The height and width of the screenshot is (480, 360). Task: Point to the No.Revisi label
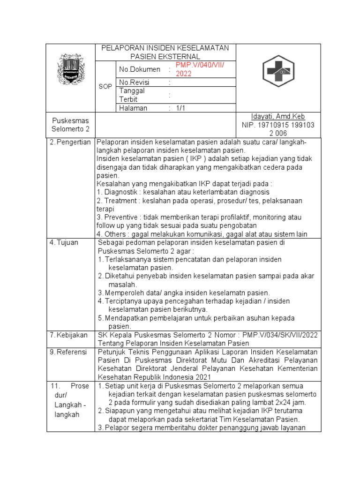pos(135,82)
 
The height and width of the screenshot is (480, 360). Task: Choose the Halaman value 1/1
pos(181,108)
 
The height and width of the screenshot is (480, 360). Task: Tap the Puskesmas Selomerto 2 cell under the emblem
pos(70,125)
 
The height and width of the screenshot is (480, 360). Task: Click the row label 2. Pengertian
pos(70,142)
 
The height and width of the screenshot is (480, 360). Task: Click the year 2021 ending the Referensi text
pos(202,377)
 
